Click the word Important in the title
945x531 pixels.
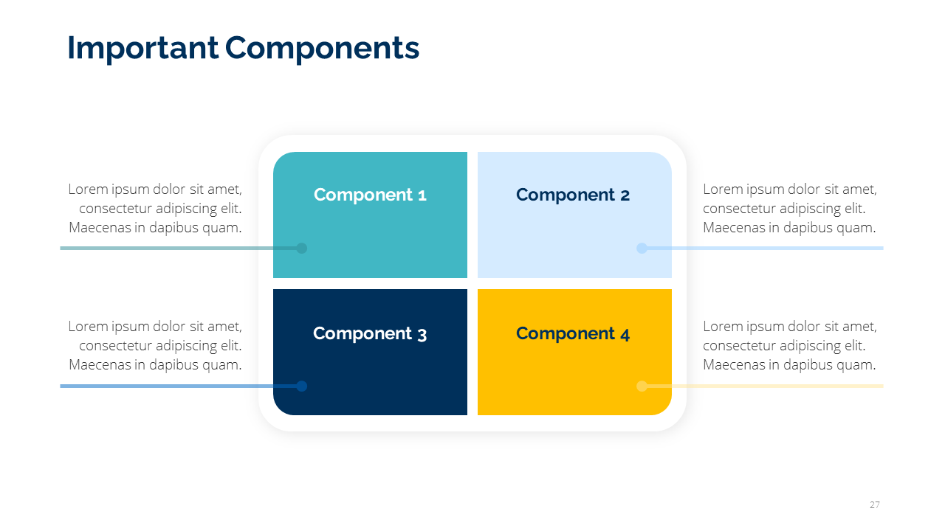coord(142,48)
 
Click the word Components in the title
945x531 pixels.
coord(323,48)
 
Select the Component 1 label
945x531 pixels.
coord(370,195)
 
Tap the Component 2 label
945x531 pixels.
coord(573,195)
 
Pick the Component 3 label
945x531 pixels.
coord(370,333)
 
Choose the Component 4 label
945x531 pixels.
coord(573,333)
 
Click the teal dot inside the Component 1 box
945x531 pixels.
coord(301,249)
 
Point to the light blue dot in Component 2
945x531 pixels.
coord(642,249)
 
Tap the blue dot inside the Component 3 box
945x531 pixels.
coord(301,386)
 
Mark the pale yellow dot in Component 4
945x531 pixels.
coord(642,386)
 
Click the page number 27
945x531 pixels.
coord(875,505)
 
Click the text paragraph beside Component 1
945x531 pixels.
coord(155,209)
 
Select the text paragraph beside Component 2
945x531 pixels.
coord(789,209)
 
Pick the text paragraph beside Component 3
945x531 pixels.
coord(155,346)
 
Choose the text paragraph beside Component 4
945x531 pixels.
coord(789,346)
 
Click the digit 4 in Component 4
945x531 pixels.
coord(625,334)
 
